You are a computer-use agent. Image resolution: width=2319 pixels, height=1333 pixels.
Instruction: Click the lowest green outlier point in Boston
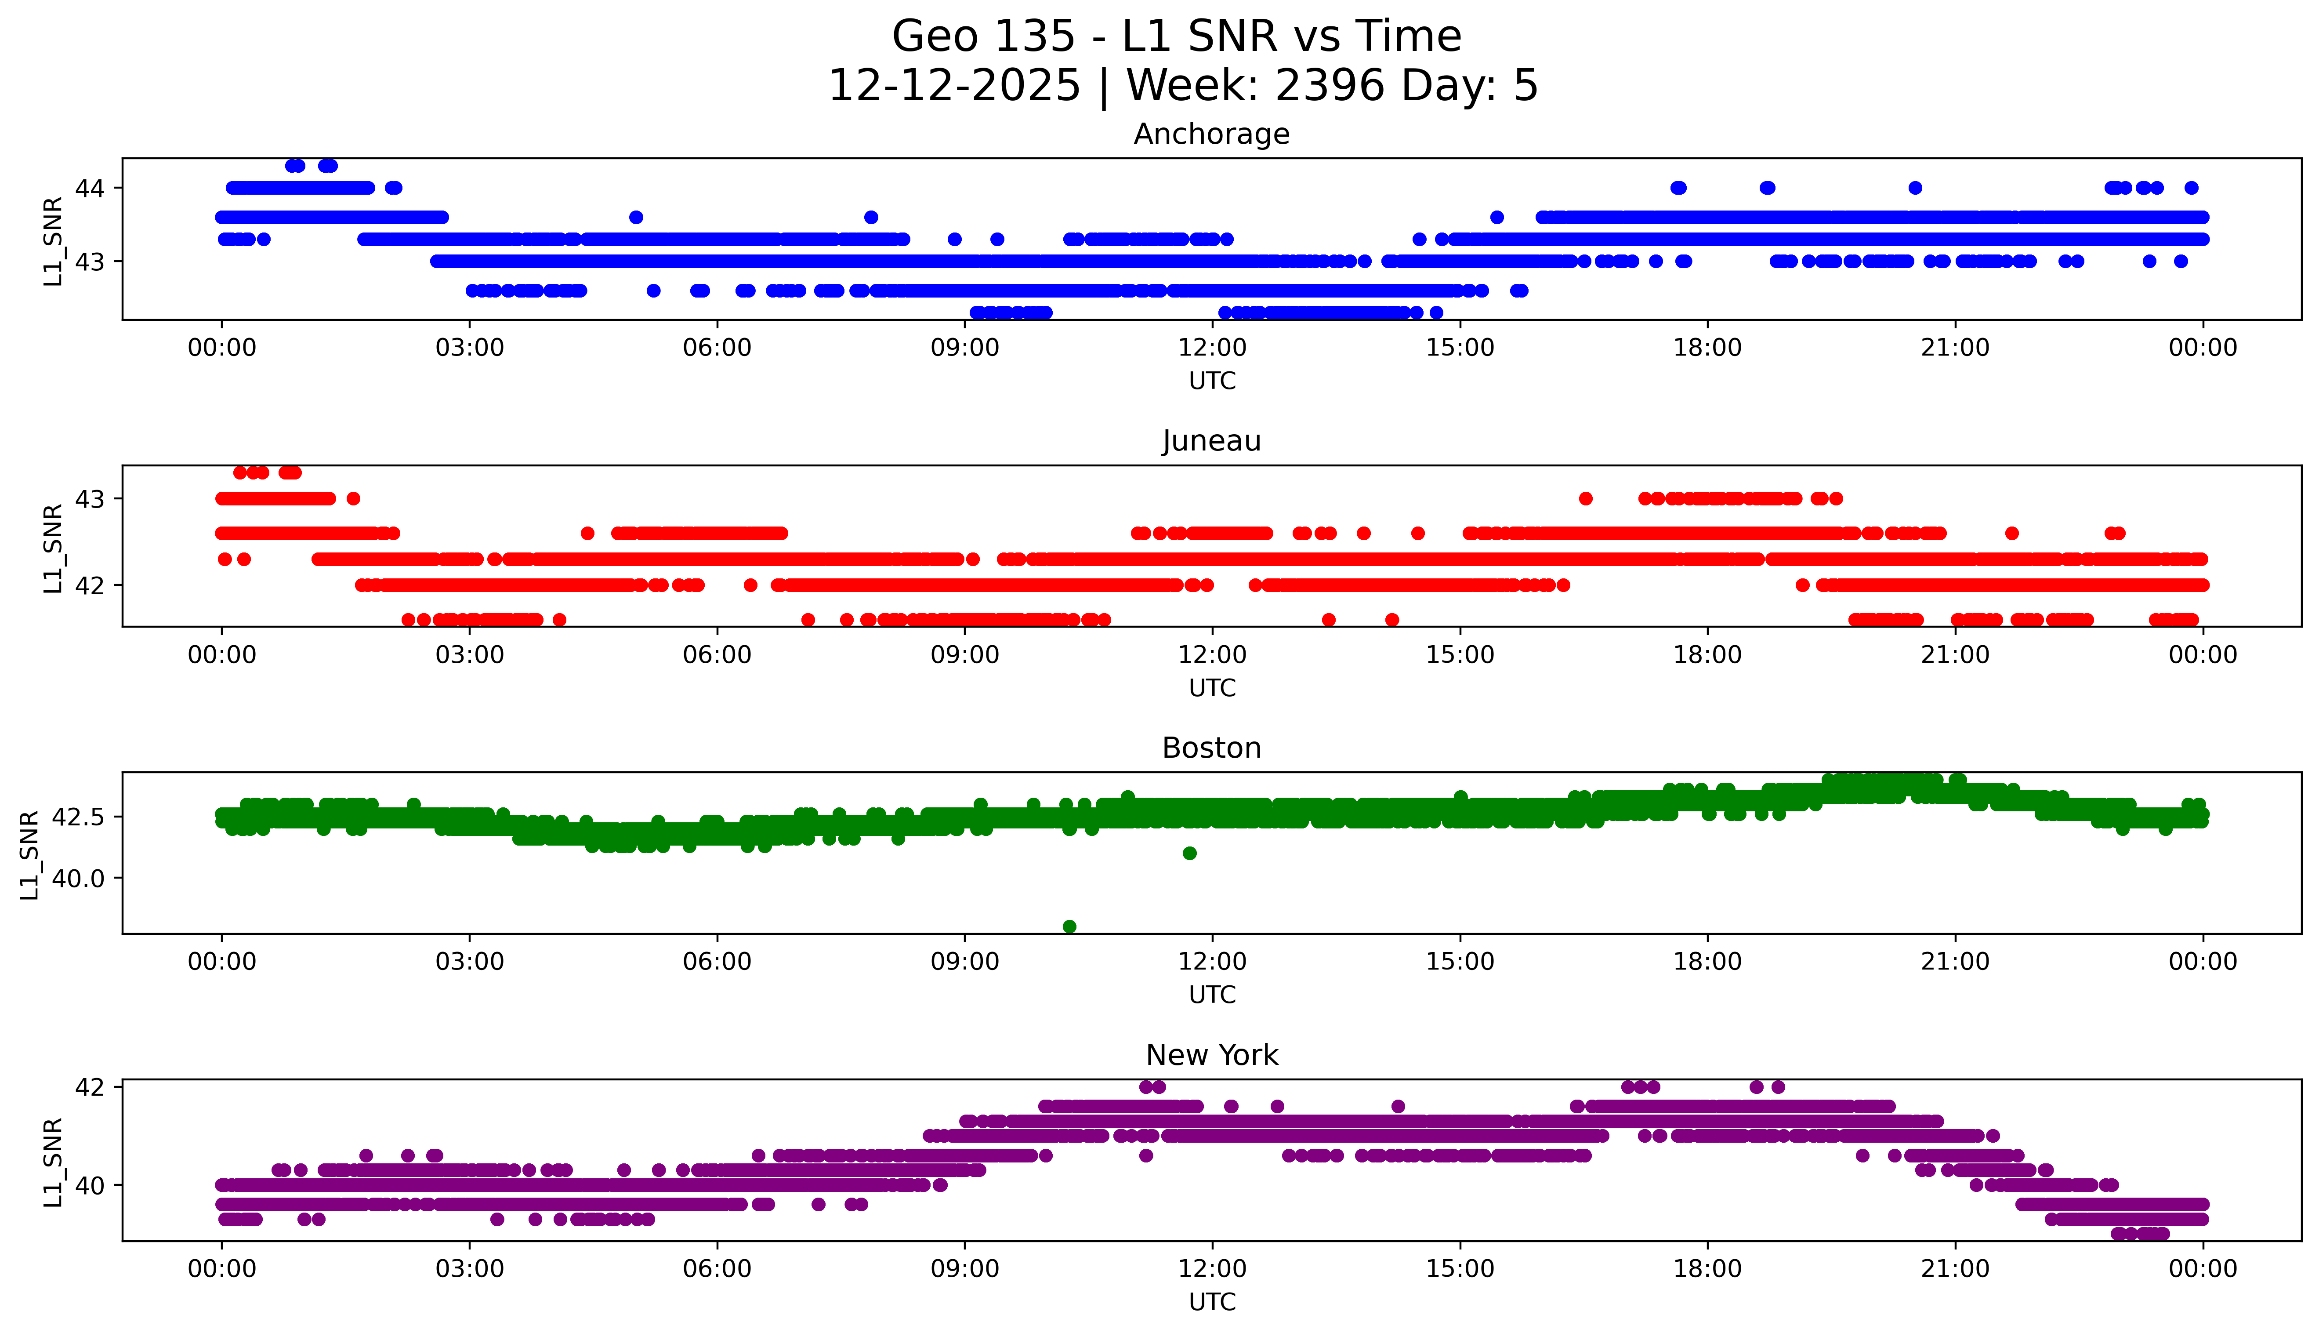tap(1069, 926)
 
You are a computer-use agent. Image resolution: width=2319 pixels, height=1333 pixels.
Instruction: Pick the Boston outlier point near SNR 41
tap(1190, 853)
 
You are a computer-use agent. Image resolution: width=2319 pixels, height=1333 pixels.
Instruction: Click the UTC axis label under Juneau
tap(1212, 687)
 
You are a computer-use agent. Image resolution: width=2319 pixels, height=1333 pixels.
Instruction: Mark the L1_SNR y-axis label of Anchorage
tap(53, 241)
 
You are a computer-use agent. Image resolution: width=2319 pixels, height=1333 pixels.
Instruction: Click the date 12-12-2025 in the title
tap(954, 86)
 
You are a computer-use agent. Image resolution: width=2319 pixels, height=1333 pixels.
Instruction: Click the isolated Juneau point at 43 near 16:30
tap(1586, 499)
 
